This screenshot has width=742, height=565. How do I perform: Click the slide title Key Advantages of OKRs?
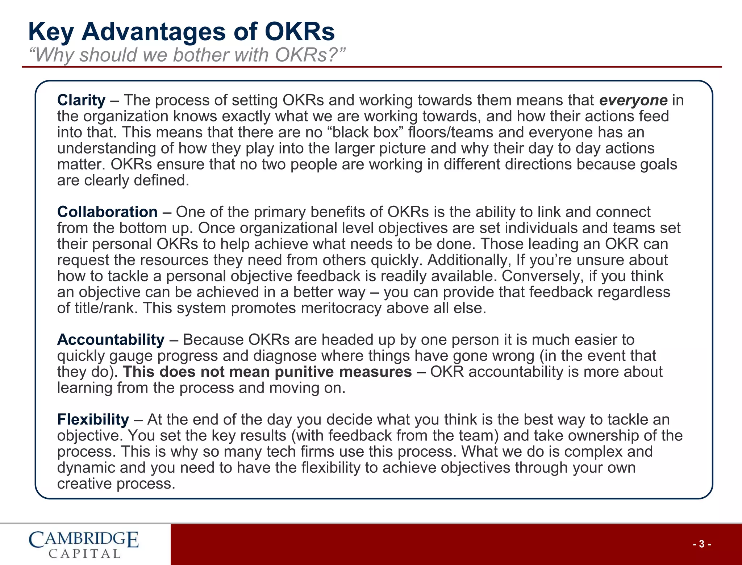[x=181, y=32]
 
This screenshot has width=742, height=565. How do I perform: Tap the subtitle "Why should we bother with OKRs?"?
[x=187, y=55]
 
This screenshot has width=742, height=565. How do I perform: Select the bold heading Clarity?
[x=81, y=100]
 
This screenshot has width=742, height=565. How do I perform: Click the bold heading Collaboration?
[x=107, y=212]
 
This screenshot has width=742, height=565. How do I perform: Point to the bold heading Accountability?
[x=111, y=340]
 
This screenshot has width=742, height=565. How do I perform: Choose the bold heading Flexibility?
[x=93, y=419]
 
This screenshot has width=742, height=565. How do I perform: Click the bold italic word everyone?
[x=633, y=100]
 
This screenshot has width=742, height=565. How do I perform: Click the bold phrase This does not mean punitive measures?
[x=267, y=372]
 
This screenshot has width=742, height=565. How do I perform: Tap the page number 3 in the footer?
[x=702, y=544]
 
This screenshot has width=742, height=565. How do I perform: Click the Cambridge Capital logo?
[x=84, y=544]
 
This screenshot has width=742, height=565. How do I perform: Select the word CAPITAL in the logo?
[x=84, y=554]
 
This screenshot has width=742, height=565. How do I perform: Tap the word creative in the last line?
[x=84, y=484]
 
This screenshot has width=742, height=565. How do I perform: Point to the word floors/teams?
[x=451, y=133]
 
